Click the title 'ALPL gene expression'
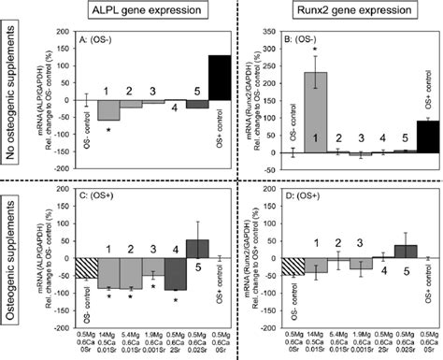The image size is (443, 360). [142, 11]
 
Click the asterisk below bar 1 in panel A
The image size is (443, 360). [109, 128]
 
